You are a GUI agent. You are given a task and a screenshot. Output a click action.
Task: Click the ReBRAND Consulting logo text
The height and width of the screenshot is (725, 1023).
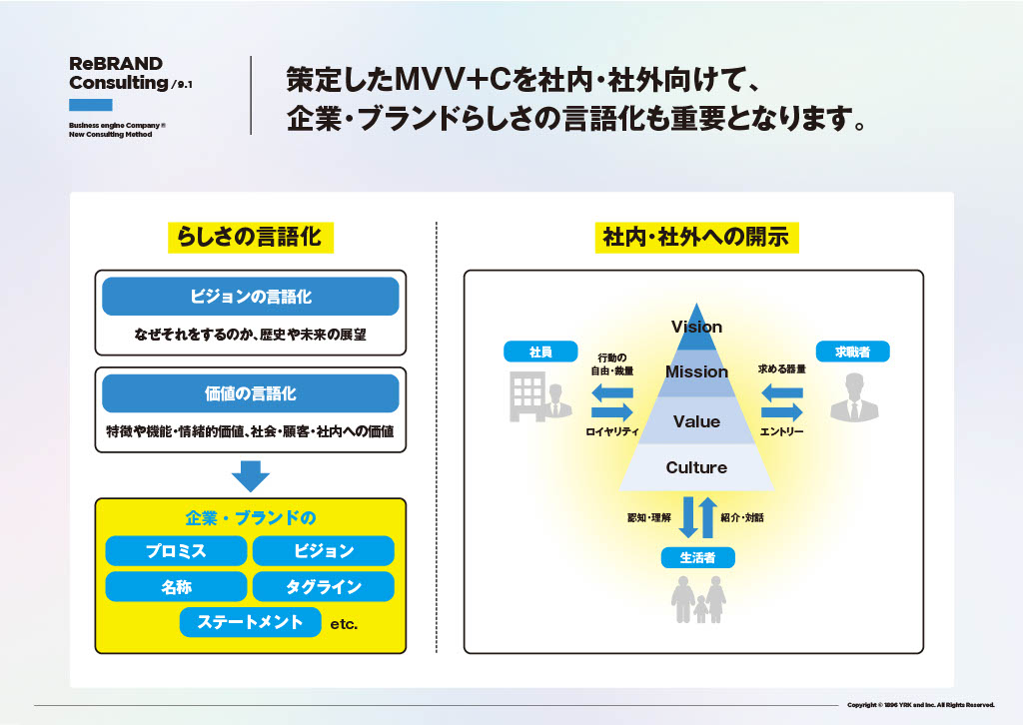pyautogui.click(x=117, y=73)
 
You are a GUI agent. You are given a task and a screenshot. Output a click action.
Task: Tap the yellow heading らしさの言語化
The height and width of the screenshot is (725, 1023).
pyautogui.click(x=249, y=237)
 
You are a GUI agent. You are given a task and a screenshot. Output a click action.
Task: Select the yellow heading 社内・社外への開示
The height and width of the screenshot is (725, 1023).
pyautogui.click(x=696, y=237)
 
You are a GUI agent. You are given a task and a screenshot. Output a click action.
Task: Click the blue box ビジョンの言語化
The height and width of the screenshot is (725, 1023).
pyautogui.click(x=251, y=297)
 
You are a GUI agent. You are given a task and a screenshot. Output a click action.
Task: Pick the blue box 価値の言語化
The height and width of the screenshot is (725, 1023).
pyautogui.click(x=251, y=393)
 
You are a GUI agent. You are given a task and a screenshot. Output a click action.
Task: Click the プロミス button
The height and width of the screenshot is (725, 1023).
pyautogui.click(x=176, y=551)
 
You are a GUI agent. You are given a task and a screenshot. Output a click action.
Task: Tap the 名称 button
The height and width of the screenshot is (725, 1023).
pyautogui.click(x=176, y=587)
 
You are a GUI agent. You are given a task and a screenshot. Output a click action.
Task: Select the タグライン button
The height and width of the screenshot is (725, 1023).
pyautogui.click(x=324, y=587)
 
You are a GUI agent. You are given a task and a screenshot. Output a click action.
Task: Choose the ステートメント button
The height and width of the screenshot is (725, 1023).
pyautogui.click(x=251, y=622)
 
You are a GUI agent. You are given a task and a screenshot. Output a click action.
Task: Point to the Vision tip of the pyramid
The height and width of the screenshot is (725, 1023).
pyautogui.click(x=696, y=328)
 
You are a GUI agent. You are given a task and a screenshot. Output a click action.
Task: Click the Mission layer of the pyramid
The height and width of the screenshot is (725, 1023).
pyautogui.click(x=696, y=371)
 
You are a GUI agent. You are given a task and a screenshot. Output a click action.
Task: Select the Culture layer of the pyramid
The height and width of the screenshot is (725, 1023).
pyautogui.click(x=696, y=467)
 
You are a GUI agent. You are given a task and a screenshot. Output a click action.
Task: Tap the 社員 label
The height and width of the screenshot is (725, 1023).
pyautogui.click(x=540, y=352)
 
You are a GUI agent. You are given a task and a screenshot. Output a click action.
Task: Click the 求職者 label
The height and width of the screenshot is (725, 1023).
pyautogui.click(x=852, y=352)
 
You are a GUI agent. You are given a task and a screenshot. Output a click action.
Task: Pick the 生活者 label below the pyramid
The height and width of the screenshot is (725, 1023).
pyautogui.click(x=697, y=558)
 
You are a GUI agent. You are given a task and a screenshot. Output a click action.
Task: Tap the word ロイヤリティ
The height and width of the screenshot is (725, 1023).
pyautogui.click(x=611, y=432)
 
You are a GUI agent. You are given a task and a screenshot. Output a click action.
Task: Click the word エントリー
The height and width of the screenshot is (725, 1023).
pyautogui.click(x=781, y=432)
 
